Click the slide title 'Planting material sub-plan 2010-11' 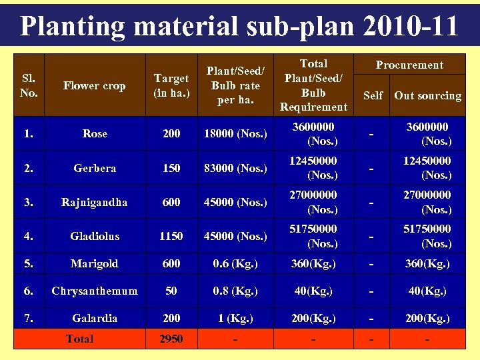239,26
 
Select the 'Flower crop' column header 94,85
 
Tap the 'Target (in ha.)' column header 171,85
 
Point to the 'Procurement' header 409,65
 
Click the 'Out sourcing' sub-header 427,95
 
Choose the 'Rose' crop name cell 95,133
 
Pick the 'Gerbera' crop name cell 95,168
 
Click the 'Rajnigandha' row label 94,202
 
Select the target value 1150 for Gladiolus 171,236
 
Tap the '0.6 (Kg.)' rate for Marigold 235,263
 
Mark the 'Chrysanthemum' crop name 95,291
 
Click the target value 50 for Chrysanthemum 171,291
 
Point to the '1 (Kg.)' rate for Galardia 235,318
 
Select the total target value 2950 171,339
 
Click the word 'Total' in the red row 80,339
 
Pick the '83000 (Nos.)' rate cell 235,168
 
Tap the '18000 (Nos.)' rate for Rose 235,133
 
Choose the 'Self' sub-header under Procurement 373,95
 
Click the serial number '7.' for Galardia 29,318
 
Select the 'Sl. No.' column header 29,85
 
